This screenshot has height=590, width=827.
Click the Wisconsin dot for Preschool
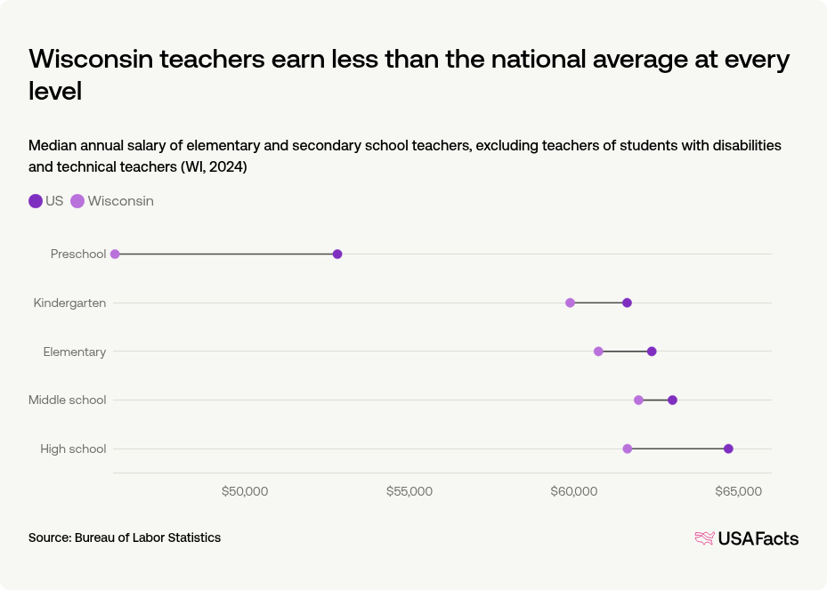tap(115, 255)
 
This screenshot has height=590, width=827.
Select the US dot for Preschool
tap(337, 255)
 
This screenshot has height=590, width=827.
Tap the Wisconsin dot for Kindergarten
tap(570, 303)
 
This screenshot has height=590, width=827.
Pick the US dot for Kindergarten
tap(627, 303)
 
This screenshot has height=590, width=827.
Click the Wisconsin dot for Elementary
tap(598, 352)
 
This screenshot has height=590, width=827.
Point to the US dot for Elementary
tap(652, 352)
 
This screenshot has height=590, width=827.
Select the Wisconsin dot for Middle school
tap(638, 400)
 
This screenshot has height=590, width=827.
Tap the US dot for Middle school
tap(672, 400)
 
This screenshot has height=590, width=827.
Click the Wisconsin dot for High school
tap(628, 449)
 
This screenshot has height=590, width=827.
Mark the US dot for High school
tap(728, 449)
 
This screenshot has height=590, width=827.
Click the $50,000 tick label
tap(245, 491)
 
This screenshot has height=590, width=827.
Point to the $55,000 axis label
tap(409, 491)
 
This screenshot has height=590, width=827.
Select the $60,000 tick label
tap(574, 491)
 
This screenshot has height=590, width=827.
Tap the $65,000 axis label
tap(739, 491)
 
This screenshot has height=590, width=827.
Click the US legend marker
tap(36, 201)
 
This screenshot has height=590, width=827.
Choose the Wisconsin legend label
tap(120, 201)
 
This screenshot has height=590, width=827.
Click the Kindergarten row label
tap(69, 303)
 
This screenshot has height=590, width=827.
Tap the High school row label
tap(73, 449)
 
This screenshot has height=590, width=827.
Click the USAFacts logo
tap(746, 538)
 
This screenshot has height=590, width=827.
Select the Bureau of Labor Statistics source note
tap(125, 537)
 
